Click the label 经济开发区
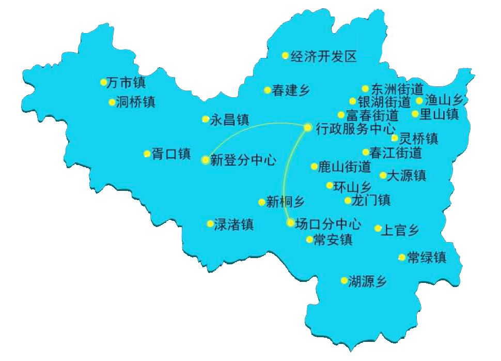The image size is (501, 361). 324,56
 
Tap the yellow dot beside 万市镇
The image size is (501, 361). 103,82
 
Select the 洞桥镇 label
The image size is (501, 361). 136,102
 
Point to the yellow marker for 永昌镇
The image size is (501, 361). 206,119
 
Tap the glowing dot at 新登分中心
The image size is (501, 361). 206,160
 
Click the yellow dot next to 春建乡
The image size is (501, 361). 268,90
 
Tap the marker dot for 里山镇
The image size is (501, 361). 415,114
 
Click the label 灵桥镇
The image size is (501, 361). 419,139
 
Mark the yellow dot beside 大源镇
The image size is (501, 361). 383,175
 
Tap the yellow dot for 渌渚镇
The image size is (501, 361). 210,224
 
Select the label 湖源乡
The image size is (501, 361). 367,281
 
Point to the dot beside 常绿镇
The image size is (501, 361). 402,257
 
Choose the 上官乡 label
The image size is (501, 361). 400,229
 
